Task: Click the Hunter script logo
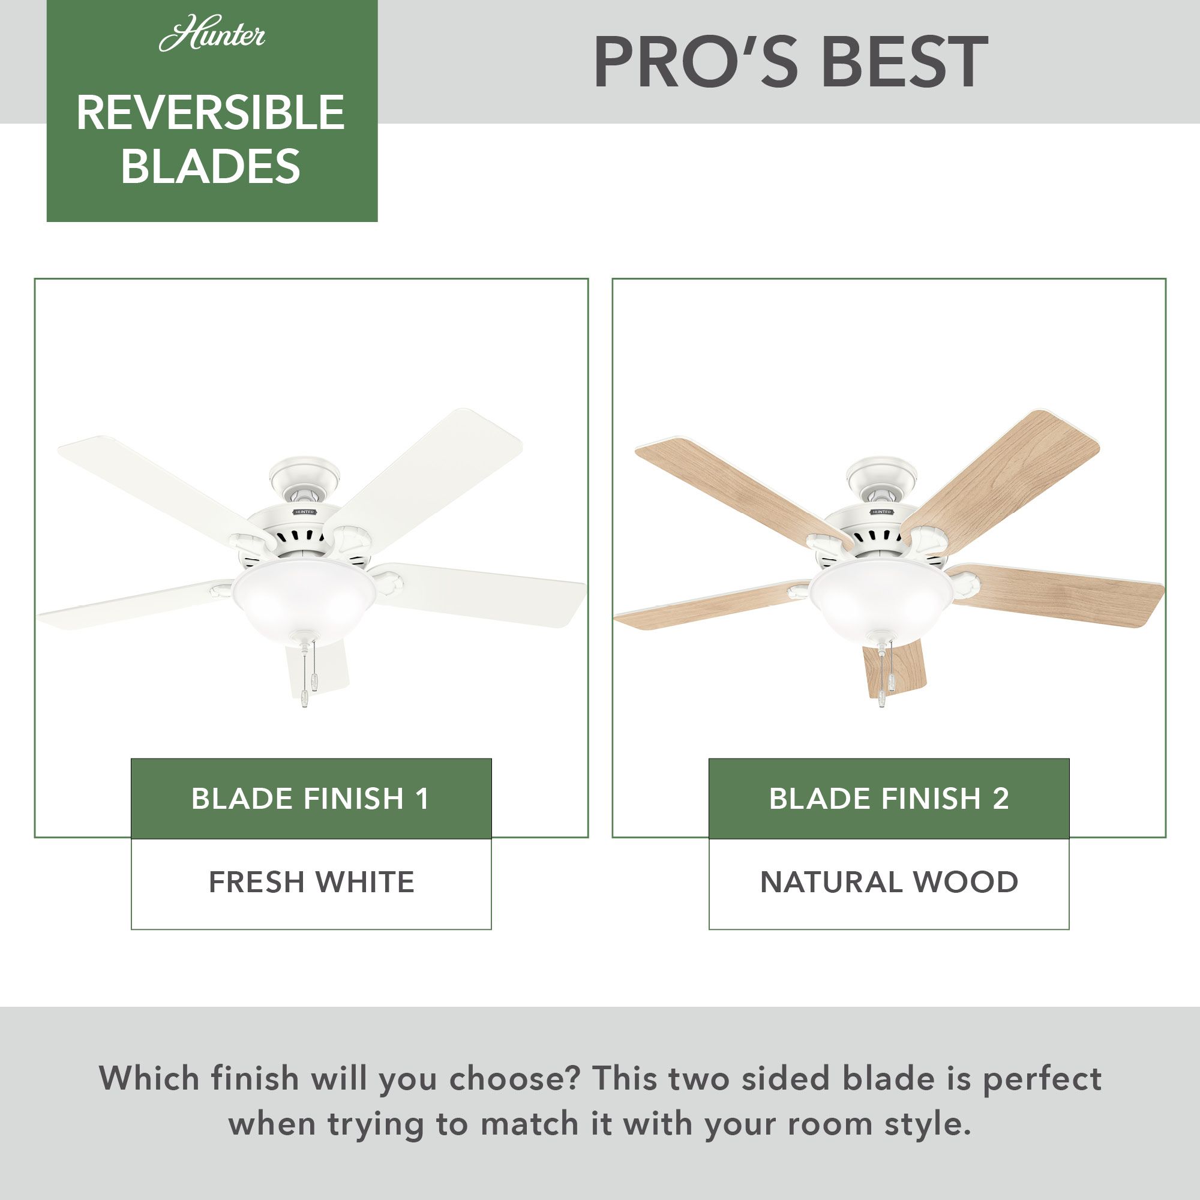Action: [x=212, y=36]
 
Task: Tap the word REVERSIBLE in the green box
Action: [x=211, y=113]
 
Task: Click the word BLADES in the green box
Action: [x=211, y=166]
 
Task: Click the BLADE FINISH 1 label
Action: [x=311, y=799]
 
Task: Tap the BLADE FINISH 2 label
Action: [x=889, y=799]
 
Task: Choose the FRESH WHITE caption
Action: [x=311, y=882]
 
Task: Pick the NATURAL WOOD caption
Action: [x=889, y=882]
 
